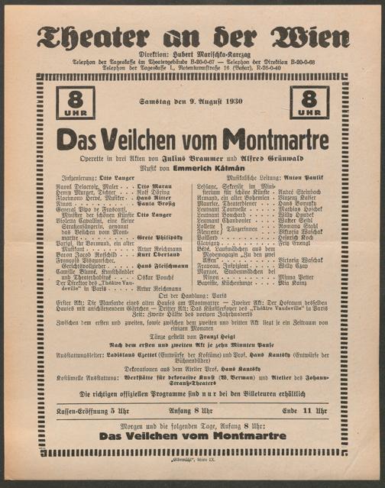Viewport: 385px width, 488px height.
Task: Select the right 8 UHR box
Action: [x=309, y=102]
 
